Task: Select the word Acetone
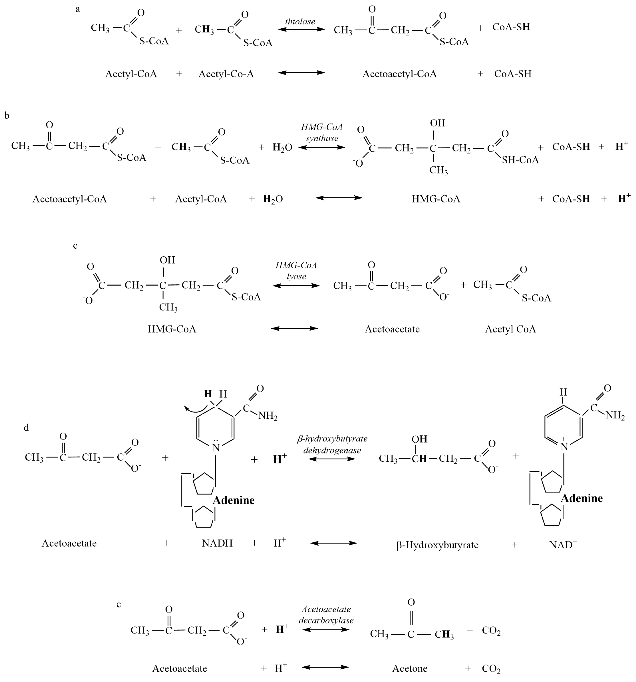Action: (x=409, y=668)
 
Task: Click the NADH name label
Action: (x=217, y=543)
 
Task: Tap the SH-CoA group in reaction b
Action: (x=520, y=160)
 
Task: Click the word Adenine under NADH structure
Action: (x=233, y=500)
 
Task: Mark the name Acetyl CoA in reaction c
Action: (x=510, y=329)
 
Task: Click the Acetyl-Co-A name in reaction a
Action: (x=226, y=74)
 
